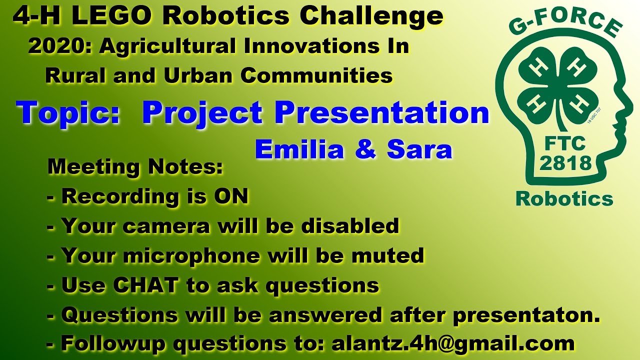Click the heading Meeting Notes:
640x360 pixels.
tap(135, 167)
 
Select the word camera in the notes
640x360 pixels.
tap(167, 226)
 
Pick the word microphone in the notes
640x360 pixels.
tap(191, 256)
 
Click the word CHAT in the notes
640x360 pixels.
tap(145, 285)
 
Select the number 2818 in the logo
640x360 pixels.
tap(565, 162)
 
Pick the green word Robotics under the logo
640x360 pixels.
tap(564, 198)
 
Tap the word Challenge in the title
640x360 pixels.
tap(371, 17)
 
